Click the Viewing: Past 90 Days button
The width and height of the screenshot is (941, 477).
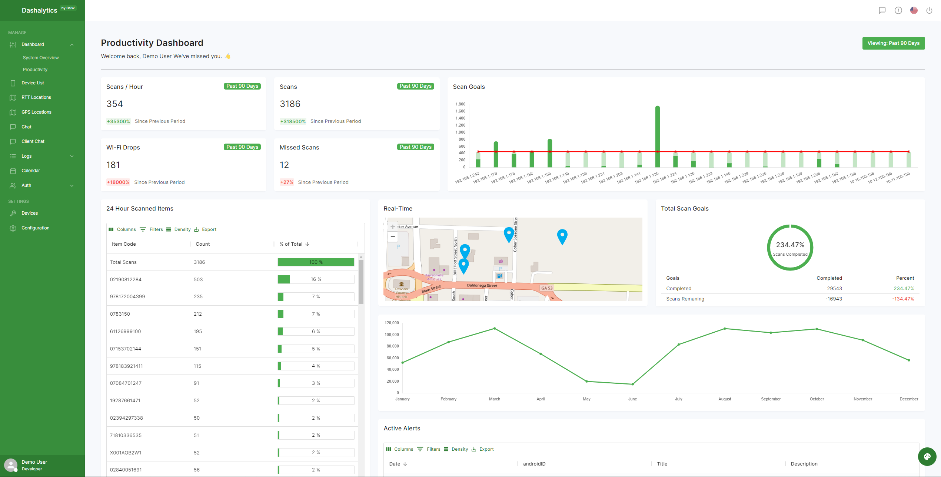click(893, 43)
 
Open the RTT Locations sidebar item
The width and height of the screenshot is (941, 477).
click(36, 97)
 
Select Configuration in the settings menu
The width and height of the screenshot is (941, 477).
click(35, 228)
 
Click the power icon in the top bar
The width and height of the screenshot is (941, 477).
click(929, 10)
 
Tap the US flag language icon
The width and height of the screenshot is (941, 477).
click(914, 10)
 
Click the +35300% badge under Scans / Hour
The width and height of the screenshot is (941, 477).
click(118, 121)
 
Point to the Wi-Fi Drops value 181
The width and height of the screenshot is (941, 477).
click(113, 165)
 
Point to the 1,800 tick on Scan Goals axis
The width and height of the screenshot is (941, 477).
click(460, 104)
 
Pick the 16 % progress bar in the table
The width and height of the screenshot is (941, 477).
click(316, 279)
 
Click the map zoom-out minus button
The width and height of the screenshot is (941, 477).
click(392, 237)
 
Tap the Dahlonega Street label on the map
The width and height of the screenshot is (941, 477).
click(482, 286)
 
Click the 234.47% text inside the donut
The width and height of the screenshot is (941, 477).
click(790, 245)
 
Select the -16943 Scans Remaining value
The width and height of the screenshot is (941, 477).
click(833, 299)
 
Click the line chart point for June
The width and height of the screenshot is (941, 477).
click(632, 384)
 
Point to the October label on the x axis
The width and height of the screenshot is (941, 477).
click(817, 399)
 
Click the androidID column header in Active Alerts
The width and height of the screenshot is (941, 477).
click(534, 464)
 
